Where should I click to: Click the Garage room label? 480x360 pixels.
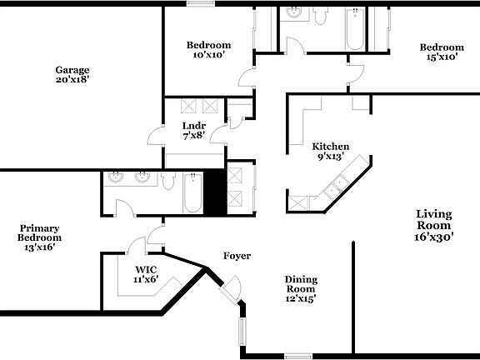(x=72, y=75)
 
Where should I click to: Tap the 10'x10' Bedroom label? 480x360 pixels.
(x=208, y=50)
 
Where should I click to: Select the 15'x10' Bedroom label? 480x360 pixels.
(x=441, y=52)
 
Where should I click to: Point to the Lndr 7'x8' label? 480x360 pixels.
(x=194, y=131)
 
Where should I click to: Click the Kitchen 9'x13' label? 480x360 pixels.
(x=331, y=151)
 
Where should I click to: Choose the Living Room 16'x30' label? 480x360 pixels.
(x=434, y=225)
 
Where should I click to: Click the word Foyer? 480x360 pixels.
(x=237, y=256)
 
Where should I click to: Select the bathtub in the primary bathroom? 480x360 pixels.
(x=192, y=192)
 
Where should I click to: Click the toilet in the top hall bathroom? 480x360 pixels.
(x=320, y=14)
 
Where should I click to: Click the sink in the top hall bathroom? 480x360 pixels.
(x=293, y=12)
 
